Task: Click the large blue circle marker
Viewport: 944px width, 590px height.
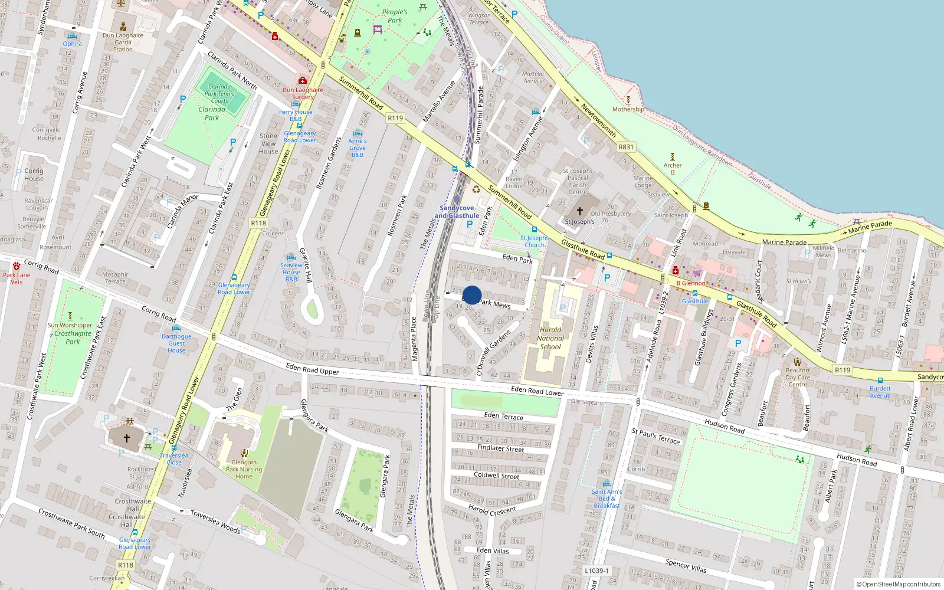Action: click(472, 295)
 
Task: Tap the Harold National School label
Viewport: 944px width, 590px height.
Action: click(550, 339)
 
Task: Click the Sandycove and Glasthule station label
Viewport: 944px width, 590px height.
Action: click(457, 212)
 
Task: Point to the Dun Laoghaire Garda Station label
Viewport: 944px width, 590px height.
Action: click(123, 42)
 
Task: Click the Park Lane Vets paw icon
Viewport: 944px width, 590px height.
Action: click(17, 266)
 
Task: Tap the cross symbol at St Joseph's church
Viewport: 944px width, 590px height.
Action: click(580, 211)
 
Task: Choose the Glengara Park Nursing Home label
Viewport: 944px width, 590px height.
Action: click(244, 470)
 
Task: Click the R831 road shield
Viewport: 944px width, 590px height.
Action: click(626, 147)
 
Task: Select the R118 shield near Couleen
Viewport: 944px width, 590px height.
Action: click(258, 223)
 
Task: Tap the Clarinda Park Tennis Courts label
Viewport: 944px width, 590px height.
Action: click(219, 94)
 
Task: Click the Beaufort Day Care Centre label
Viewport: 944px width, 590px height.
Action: click(798, 378)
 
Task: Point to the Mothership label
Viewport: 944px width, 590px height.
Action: click(628, 109)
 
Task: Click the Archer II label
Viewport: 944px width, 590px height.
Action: click(673, 169)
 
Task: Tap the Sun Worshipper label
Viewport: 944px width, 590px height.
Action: click(70, 325)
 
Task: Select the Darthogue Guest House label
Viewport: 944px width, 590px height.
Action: click(176, 343)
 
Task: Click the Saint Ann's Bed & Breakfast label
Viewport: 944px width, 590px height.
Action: click(607, 499)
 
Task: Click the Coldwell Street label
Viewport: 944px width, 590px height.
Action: click(496, 476)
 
